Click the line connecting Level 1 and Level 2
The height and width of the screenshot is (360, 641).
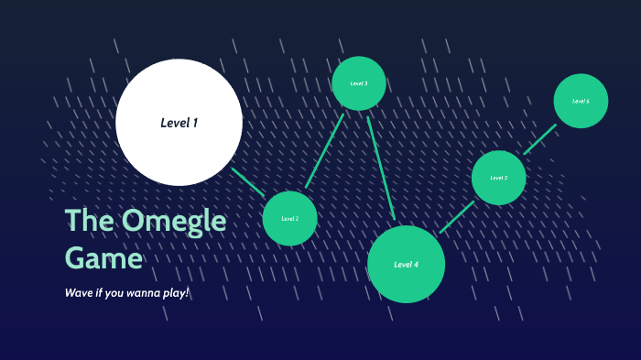pyautogui.click(x=247, y=181)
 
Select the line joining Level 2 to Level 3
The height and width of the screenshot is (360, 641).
pyautogui.click(x=324, y=150)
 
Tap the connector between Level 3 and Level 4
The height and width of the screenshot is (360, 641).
pyautogui.click(x=381, y=168)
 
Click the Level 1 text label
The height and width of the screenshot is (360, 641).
pyautogui.click(x=179, y=122)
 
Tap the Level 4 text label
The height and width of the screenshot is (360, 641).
pyautogui.click(x=406, y=265)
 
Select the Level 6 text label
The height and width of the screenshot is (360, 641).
pyautogui.click(x=581, y=101)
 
